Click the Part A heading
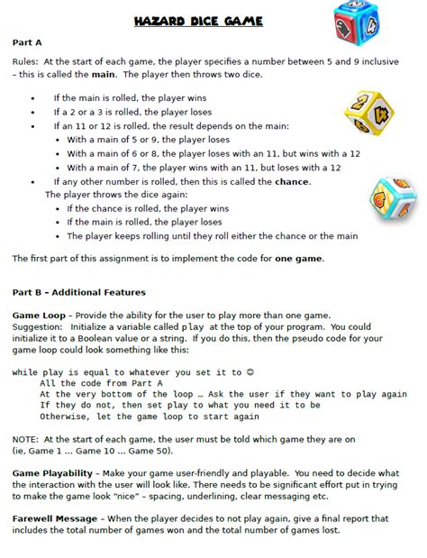[x=27, y=41]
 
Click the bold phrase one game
[x=297, y=259]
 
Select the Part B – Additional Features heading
[x=79, y=292]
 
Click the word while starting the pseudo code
[x=24, y=371]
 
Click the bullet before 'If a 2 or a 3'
[x=33, y=112]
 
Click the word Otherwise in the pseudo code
[x=67, y=416]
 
